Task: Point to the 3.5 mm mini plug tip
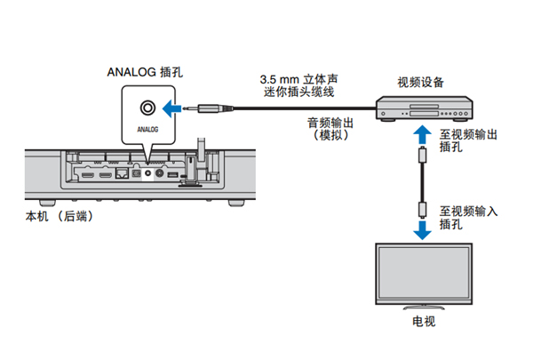201,109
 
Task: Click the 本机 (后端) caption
59,216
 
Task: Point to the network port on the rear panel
121,173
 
